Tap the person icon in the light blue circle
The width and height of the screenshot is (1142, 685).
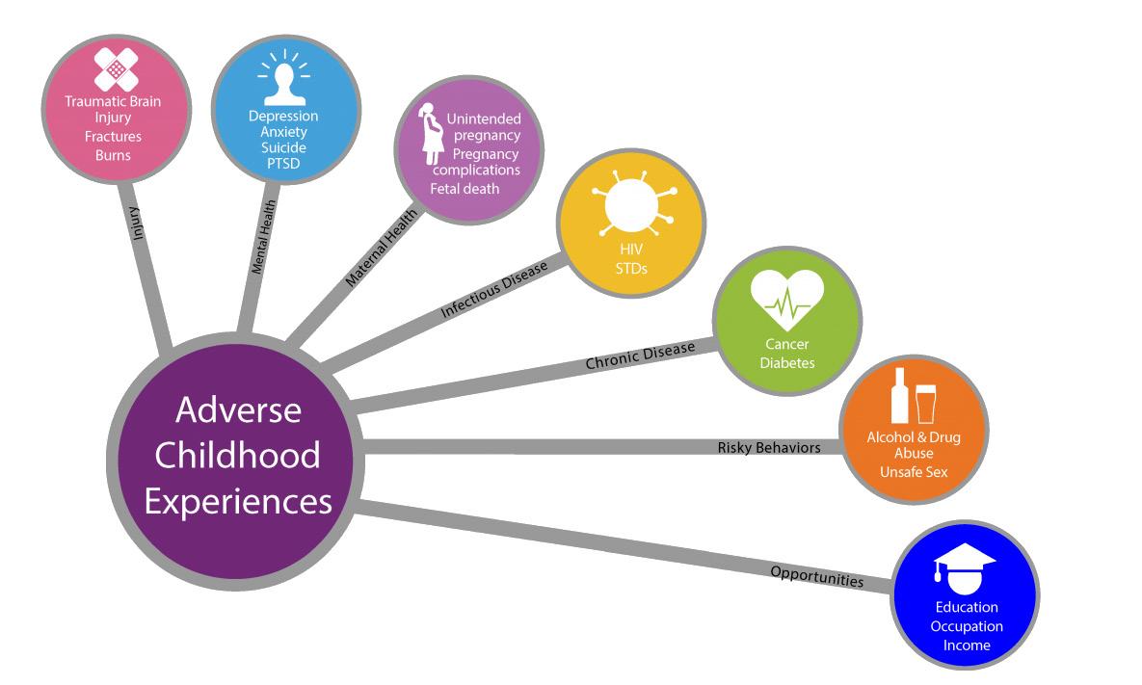283,80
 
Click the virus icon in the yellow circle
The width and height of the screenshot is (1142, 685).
630,207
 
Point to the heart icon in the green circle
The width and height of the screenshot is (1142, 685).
787,300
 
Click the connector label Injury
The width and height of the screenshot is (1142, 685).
139,221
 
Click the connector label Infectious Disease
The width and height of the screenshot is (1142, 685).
493,289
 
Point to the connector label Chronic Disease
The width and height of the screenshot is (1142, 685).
640,356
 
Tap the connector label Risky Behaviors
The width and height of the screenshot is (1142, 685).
769,447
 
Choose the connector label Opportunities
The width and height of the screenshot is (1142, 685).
816,576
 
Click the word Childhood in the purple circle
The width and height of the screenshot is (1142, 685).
238,455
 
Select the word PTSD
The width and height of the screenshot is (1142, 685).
283,164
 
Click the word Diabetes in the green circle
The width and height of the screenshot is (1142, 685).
787,363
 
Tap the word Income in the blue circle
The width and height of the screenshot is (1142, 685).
967,645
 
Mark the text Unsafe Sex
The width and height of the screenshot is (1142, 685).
914,472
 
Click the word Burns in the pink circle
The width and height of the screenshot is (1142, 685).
113,154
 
